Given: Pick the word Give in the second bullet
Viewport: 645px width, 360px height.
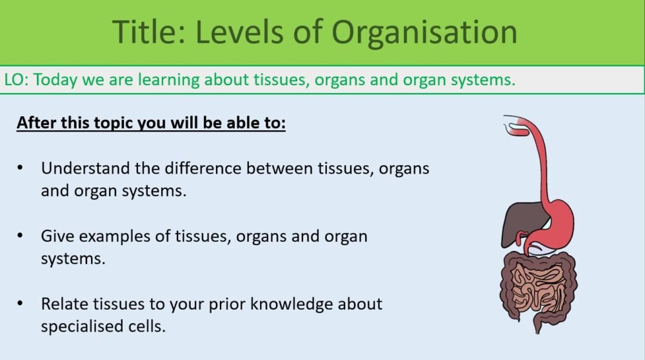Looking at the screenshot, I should [55, 236].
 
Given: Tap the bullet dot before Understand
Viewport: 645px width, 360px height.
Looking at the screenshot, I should [21, 168].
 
